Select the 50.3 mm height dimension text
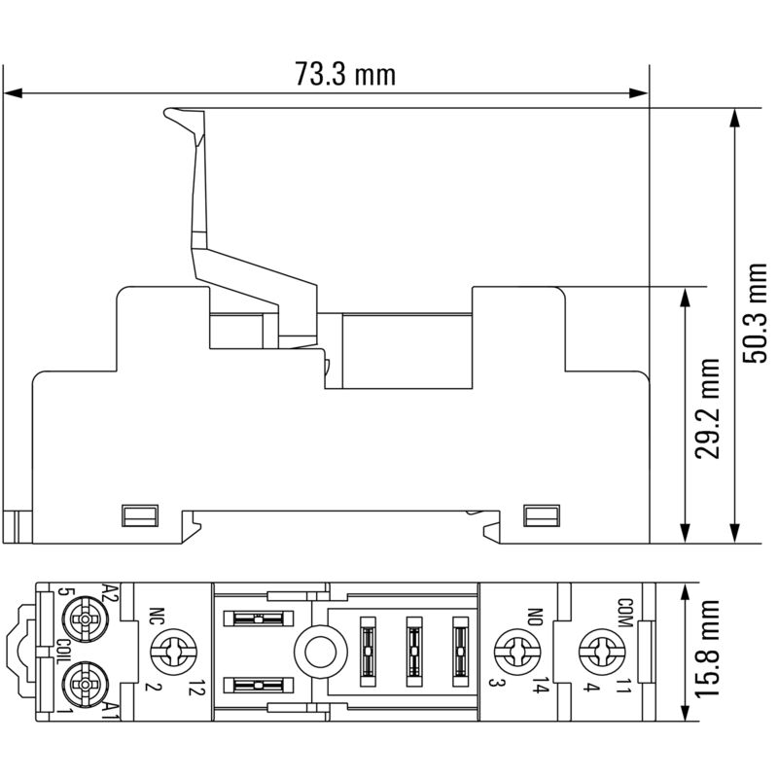(755, 315)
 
